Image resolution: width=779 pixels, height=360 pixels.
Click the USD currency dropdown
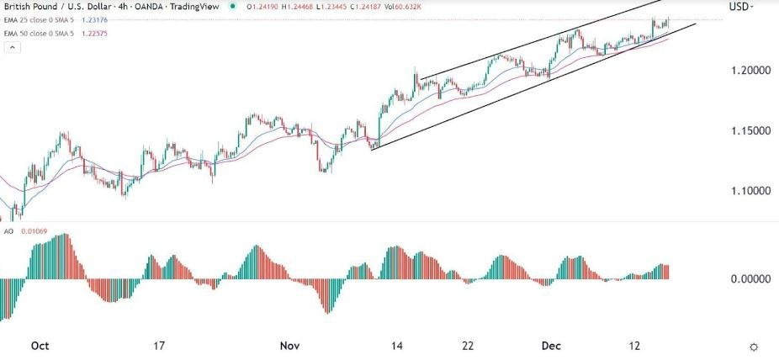(x=741, y=7)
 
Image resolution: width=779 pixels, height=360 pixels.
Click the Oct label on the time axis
(x=39, y=346)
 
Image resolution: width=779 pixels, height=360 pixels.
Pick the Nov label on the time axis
(x=289, y=346)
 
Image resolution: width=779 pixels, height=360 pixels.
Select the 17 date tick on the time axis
(x=159, y=346)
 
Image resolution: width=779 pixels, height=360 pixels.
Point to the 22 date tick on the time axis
(x=469, y=346)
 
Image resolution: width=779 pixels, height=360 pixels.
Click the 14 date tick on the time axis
(x=396, y=346)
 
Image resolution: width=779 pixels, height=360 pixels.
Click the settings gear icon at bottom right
(x=754, y=347)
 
